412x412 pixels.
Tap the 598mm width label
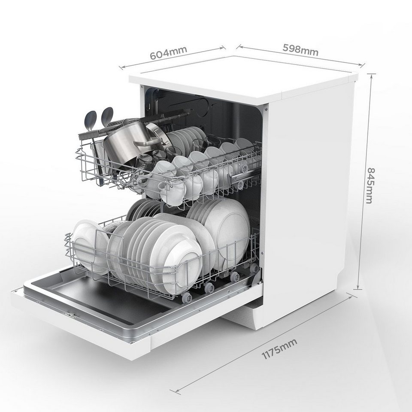[300, 49]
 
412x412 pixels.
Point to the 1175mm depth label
[279, 348]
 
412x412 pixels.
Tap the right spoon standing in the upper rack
[106, 117]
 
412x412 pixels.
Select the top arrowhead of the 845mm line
[372, 76]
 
